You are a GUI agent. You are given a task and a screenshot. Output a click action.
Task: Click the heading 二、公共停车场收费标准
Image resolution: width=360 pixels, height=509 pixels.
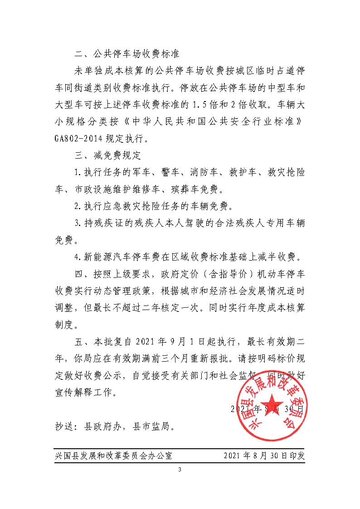pos(128,54)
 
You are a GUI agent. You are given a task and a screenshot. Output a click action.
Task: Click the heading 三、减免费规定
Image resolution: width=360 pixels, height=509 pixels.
pos(108,155)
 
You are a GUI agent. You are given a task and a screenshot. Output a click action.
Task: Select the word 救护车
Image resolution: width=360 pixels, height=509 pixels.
pos(245,172)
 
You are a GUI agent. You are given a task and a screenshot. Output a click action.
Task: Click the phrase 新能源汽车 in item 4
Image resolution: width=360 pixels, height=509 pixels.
pos(108,257)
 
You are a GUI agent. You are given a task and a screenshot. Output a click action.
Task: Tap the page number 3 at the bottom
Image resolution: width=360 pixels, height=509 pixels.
pos(180,469)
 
